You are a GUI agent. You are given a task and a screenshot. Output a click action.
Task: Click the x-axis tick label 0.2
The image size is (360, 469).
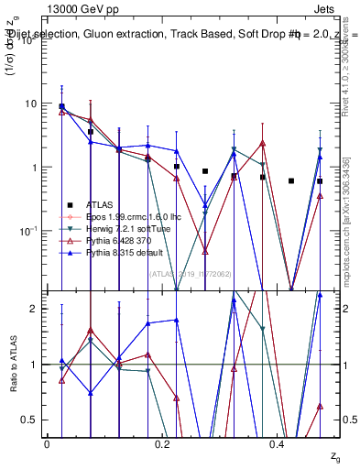(162, 442)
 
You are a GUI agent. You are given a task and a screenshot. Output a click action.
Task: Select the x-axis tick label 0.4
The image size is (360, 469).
(278, 442)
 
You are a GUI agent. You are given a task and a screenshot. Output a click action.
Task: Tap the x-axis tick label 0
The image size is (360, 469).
(47, 442)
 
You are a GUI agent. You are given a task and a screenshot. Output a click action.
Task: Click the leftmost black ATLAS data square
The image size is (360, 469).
(61, 106)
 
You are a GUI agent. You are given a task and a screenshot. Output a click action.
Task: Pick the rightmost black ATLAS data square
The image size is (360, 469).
(320, 181)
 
